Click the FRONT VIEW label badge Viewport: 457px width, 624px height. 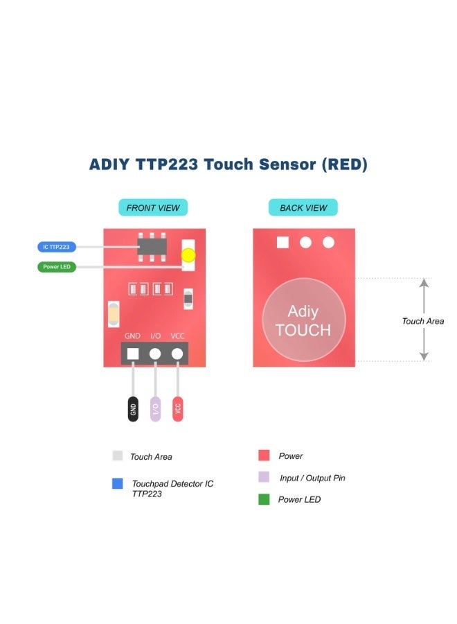click(153, 207)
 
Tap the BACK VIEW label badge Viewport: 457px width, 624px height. click(303, 207)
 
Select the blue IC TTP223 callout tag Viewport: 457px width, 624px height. click(56, 247)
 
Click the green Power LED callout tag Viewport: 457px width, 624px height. click(56, 267)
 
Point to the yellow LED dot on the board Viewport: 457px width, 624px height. click(188, 255)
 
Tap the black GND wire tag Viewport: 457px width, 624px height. click(132, 409)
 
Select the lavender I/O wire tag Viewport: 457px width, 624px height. click(155, 409)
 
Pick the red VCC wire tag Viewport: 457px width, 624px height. click(178, 409)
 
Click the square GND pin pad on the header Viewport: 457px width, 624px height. click(132, 354)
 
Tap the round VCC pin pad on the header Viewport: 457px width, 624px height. click(178, 354)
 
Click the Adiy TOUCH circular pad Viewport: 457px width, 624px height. click(303, 320)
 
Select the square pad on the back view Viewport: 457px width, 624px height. click(282, 242)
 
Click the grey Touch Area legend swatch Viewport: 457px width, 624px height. click(117, 456)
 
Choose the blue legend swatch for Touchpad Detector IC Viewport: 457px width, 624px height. click(117, 484)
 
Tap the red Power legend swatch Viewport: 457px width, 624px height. click(264, 456)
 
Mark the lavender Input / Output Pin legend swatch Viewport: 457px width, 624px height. click(264, 477)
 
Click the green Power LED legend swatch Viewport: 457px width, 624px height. click(264, 499)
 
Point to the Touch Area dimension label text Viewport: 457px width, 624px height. click(422, 321)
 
